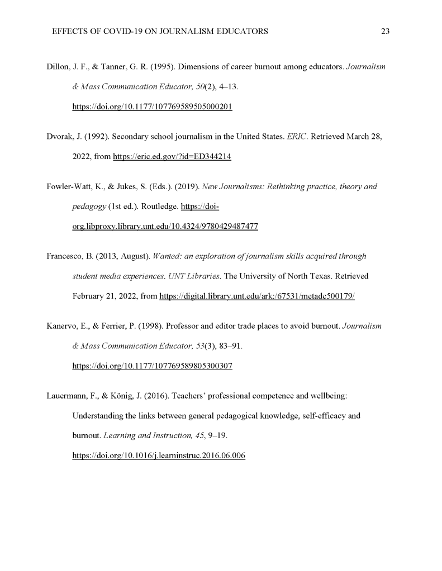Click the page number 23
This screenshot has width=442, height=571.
tap(384, 32)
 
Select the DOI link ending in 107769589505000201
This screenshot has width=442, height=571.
tap(152, 107)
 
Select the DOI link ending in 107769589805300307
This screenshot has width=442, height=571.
tap(152, 366)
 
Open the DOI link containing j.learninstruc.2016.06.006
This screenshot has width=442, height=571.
tap(159, 455)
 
